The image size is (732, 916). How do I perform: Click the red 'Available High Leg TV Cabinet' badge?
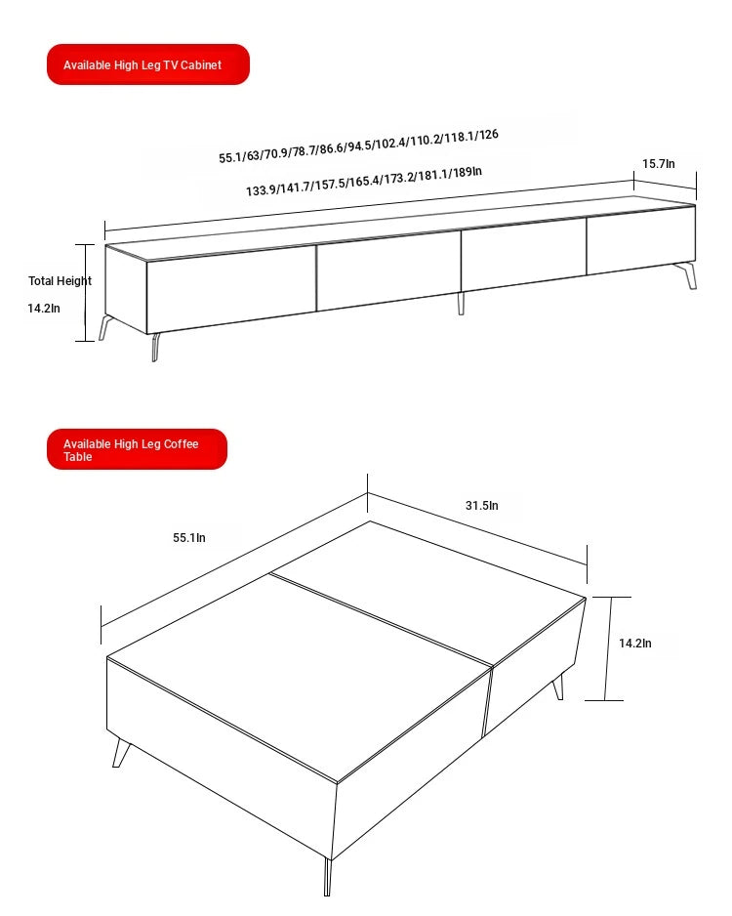point(148,64)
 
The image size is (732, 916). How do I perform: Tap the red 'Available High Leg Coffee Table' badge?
point(137,449)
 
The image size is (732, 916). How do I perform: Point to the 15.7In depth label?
point(658,164)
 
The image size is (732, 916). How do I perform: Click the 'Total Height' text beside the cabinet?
point(60,281)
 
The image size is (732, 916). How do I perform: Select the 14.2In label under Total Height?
point(44,308)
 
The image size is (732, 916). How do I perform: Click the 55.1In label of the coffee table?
point(189,537)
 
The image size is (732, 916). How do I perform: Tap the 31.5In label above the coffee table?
point(481,506)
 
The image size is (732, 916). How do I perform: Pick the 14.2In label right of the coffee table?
point(634,643)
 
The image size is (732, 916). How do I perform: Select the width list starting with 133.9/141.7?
point(363,182)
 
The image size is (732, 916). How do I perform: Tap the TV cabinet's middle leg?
point(461,303)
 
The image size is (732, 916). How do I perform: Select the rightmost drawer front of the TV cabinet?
point(640,240)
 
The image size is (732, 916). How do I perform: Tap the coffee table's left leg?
point(121,752)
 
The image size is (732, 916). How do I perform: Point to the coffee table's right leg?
point(559,687)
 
